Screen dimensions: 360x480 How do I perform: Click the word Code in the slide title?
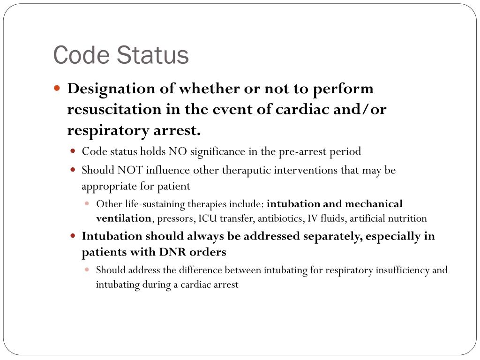[x=81, y=55]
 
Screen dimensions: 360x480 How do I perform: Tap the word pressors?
[x=176, y=218]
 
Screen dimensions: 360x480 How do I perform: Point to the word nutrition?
[x=411, y=218]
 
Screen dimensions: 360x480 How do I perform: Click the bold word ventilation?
[x=124, y=218]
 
